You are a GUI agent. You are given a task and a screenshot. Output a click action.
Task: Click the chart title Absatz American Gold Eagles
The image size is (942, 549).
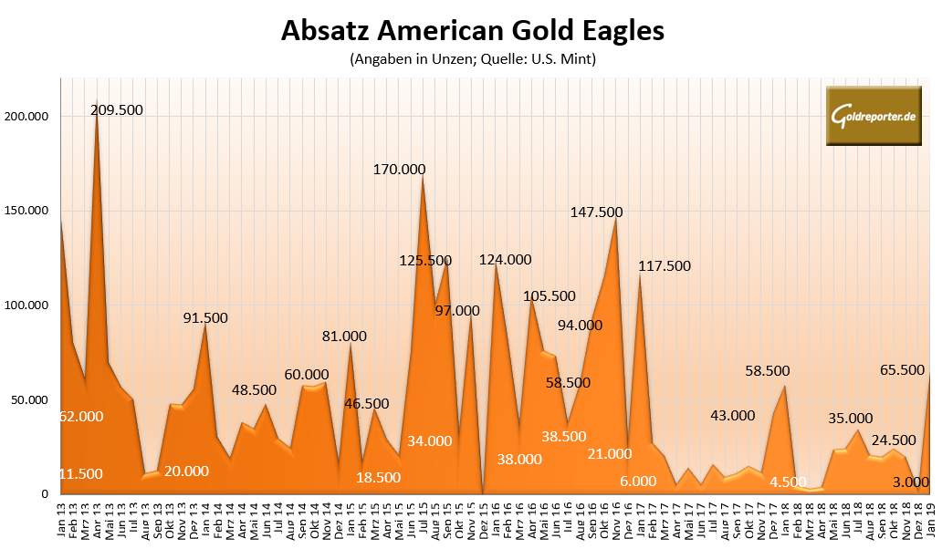472,31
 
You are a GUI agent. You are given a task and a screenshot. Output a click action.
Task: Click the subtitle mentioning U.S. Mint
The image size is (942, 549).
472,60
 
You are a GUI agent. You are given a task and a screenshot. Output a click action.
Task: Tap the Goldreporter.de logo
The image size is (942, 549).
873,116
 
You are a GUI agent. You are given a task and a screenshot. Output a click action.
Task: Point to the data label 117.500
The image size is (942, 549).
665,266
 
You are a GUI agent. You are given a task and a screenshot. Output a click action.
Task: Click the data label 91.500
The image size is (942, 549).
205,317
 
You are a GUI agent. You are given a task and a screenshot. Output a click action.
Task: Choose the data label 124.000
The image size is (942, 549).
505,259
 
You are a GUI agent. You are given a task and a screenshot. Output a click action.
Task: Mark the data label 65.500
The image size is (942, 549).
902,370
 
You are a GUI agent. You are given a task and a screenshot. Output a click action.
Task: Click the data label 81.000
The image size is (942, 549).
344,336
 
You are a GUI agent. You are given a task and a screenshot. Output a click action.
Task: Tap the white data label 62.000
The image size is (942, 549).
81,416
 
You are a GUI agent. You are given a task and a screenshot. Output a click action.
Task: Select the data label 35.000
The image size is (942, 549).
850,419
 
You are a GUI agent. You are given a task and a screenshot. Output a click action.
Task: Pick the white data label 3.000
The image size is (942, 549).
910,482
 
